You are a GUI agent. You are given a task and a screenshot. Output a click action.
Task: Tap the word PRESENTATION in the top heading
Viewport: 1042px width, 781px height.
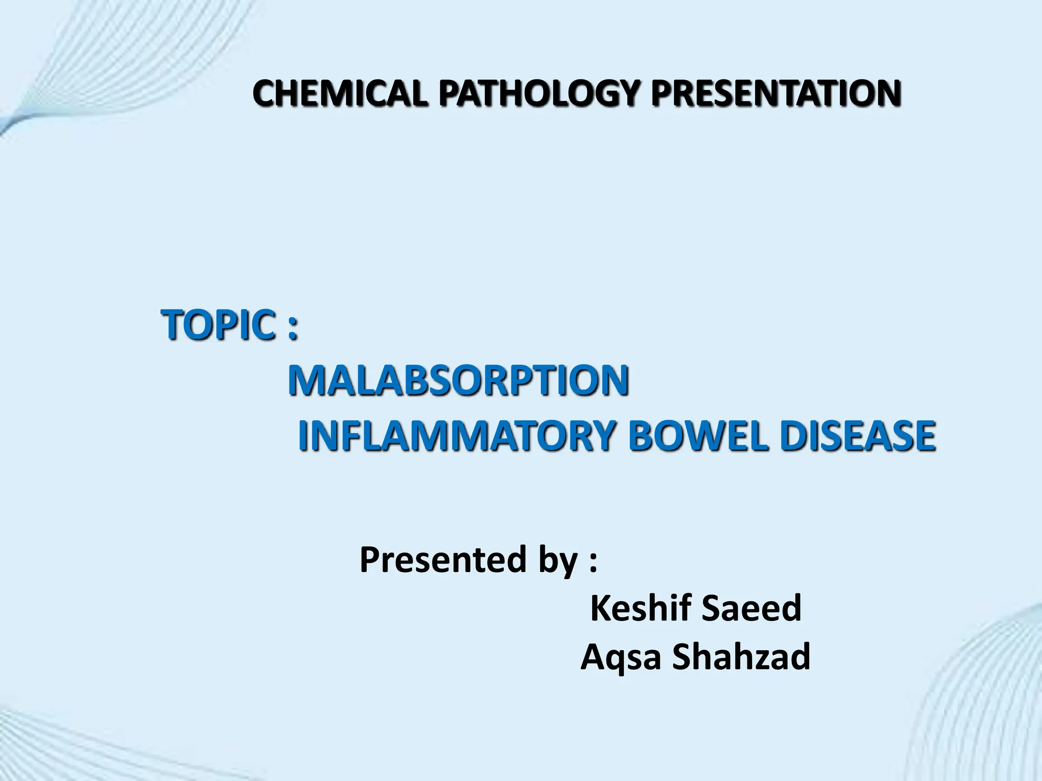pos(776,94)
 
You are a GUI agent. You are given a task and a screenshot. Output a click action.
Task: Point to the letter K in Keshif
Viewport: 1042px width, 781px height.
pos(600,608)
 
